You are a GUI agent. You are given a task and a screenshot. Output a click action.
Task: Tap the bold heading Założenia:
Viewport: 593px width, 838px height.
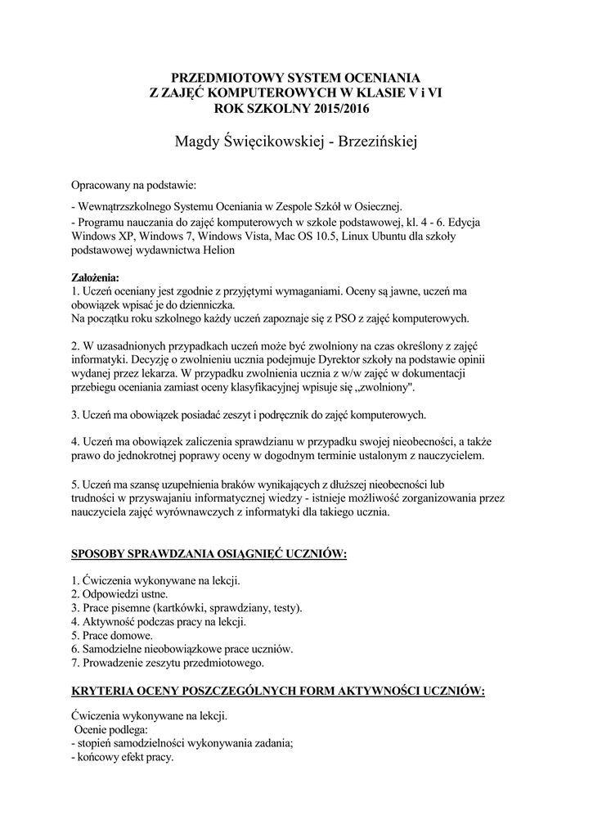pyautogui.click(x=95, y=277)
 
